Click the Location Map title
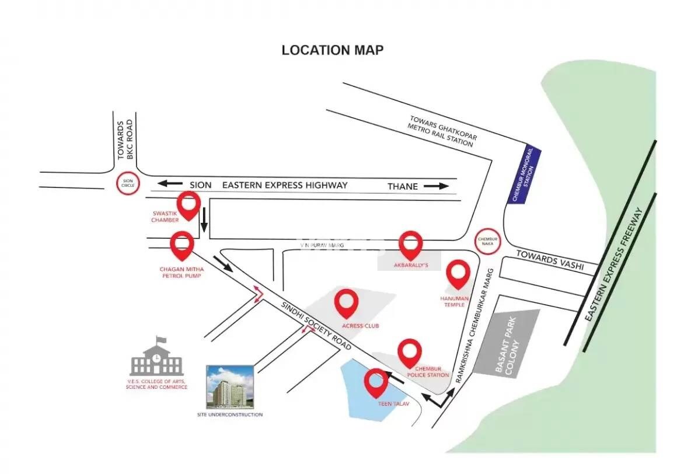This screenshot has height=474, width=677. pyautogui.click(x=332, y=50)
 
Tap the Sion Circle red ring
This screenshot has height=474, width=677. pyautogui.click(x=128, y=183)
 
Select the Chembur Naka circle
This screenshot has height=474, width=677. pyautogui.click(x=487, y=241)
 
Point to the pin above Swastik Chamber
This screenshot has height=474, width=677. pyautogui.click(x=189, y=204)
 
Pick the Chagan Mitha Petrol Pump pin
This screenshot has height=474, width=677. pyautogui.click(x=182, y=245)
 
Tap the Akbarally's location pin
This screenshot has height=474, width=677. pyautogui.click(x=411, y=245)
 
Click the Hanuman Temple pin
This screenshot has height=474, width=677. pyautogui.click(x=458, y=274)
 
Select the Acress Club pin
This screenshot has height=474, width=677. pyautogui.click(x=347, y=303)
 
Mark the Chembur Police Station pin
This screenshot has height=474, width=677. pyautogui.click(x=410, y=352)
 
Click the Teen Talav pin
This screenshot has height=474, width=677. pyautogui.click(x=376, y=382)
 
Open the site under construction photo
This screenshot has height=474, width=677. pyautogui.click(x=229, y=386)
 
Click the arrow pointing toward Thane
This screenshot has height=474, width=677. pyautogui.click(x=436, y=186)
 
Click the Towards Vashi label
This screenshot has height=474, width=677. pyautogui.click(x=549, y=261)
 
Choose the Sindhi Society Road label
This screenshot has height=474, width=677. pyautogui.click(x=316, y=326)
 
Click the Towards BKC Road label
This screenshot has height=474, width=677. pyautogui.click(x=125, y=140)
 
